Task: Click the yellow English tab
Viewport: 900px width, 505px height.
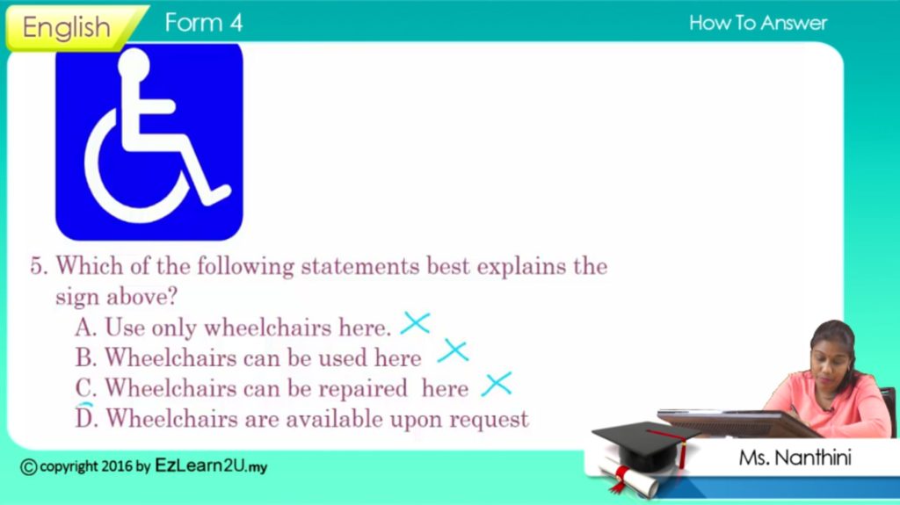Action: point(72,27)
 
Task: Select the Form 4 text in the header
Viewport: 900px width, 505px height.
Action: point(204,23)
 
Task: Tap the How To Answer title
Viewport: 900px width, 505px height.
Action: point(758,23)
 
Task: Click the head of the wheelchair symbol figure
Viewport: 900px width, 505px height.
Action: point(134,64)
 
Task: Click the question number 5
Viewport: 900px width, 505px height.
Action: point(39,266)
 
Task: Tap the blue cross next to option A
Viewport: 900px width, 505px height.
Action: point(416,323)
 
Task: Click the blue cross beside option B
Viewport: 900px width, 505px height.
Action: point(454,350)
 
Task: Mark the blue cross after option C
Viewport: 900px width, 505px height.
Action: point(497,384)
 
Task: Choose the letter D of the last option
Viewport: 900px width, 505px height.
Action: point(85,417)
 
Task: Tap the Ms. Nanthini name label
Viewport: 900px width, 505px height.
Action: point(795,458)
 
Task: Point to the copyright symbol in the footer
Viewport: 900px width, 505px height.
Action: point(29,467)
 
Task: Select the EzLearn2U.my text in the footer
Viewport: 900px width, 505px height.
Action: point(211,465)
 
